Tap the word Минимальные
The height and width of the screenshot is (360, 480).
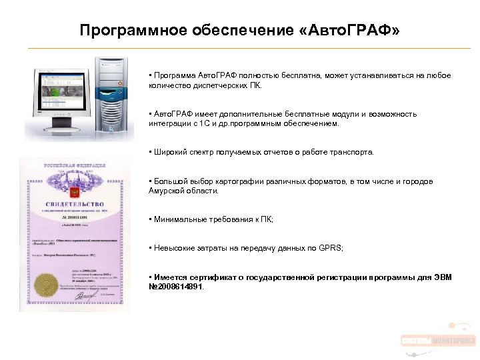181,219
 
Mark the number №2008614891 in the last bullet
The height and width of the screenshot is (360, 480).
176,287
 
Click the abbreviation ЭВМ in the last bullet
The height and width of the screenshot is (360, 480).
441,277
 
